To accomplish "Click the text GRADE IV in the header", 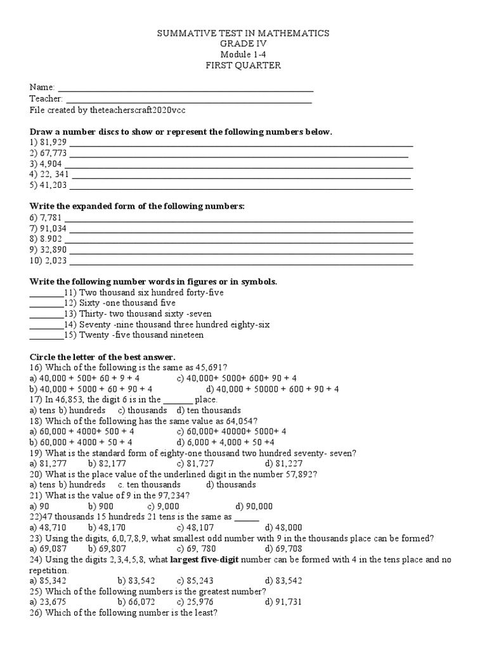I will click(x=243, y=44).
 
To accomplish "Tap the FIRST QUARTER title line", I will click(x=243, y=65).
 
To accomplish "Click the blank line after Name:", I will click(x=185, y=89).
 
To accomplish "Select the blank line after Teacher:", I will click(x=188, y=100).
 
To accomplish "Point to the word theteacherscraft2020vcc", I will click(x=138, y=110).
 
